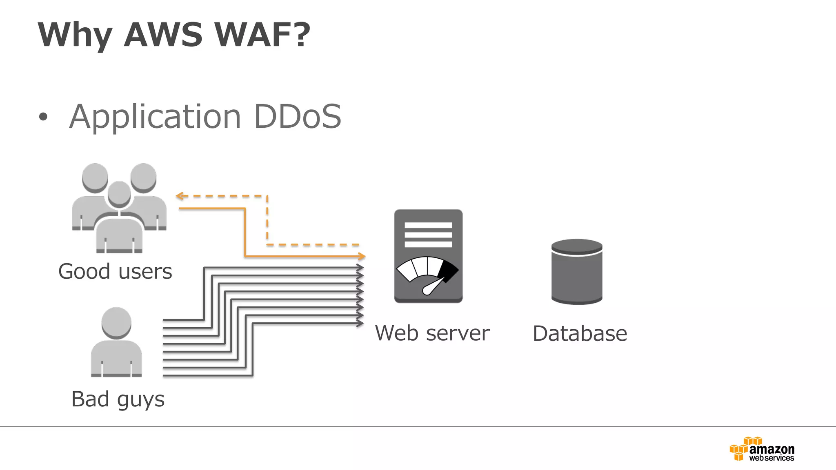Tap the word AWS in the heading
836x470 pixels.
coord(163,35)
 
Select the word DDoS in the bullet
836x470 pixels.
coord(297,117)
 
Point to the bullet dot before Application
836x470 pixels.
coord(43,117)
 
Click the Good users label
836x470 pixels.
coord(115,272)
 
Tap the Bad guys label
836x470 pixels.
coord(118,399)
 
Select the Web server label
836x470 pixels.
coord(432,333)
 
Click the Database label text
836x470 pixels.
coord(580,334)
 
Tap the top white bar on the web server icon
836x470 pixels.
coord(428,225)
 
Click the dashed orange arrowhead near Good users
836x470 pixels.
coord(179,196)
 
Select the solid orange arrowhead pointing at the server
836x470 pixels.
coord(362,256)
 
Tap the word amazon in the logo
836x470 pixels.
coord(772,450)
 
